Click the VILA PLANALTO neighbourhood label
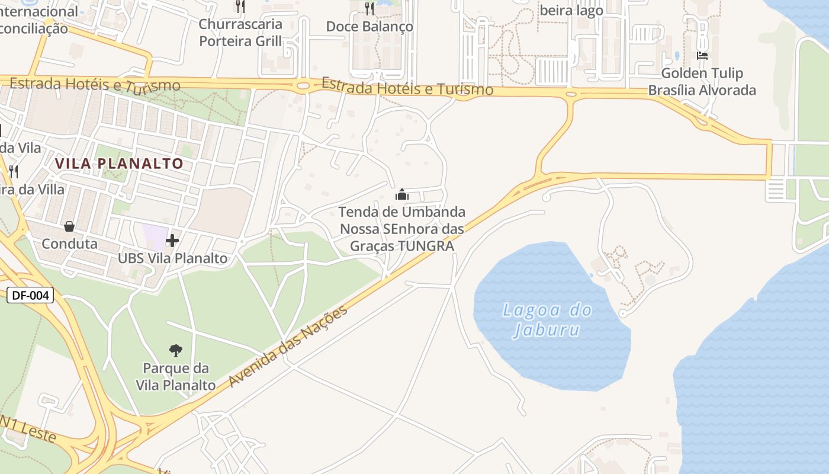coord(119,164)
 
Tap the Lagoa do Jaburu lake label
coord(547,319)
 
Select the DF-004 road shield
coord(30,295)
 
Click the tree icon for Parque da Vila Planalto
coord(175,350)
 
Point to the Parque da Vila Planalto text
coord(175,377)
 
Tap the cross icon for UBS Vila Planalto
coord(172,241)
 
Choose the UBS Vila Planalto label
coord(172,258)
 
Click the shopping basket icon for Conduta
coord(69,226)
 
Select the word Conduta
coord(69,244)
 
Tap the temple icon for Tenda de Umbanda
coord(402,194)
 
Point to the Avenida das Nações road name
coord(288,346)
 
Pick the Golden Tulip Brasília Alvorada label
coord(702,82)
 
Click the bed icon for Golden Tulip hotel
coord(702,56)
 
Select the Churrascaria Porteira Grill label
coord(240,33)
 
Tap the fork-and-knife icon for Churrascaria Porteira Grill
coord(240,7)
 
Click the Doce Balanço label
coord(369,27)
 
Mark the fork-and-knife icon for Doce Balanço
coord(369,8)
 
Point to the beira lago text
coord(571,11)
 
